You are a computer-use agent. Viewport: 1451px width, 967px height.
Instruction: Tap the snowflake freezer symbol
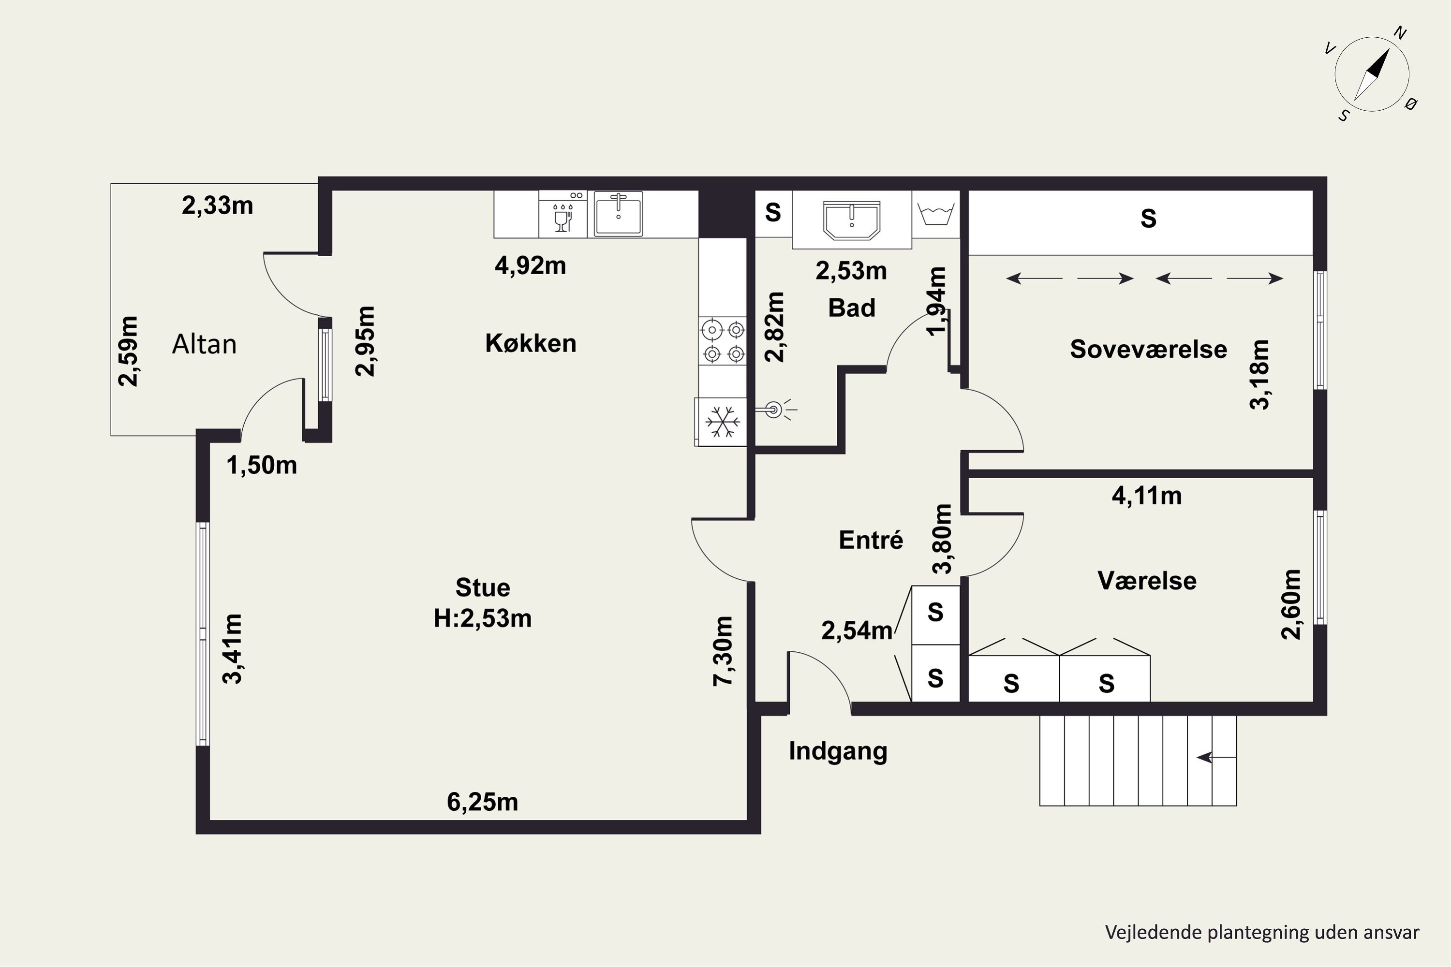pyautogui.click(x=722, y=421)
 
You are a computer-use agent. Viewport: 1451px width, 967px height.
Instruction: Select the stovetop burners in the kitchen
pyautogui.click(x=723, y=341)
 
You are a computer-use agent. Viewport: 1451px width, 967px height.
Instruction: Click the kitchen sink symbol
pyautogui.click(x=618, y=213)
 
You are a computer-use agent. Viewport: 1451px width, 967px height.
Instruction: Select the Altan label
pyautogui.click(x=204, y=344)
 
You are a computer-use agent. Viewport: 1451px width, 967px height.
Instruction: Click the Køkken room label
pyautogui.click(x=531, y=343)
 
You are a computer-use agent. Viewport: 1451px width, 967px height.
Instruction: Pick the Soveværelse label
pyautogui.click(x=1148, y=349)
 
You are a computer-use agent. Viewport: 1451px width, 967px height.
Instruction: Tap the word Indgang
pyautogui.click(x=838, y=751)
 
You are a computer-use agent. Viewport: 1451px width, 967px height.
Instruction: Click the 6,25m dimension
pyautogui.click(x=482, y=802)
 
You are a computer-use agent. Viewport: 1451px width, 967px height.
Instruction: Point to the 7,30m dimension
pyautogui.click(x=723, y=651)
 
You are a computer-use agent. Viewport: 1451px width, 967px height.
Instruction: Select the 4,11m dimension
pyautogui.click(x=1146, y=495)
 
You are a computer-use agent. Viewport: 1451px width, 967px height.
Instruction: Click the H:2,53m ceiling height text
pyautogui.click(x=482, y=618)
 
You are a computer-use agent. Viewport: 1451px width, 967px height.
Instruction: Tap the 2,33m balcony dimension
pyautogui.click(x=217, y=205)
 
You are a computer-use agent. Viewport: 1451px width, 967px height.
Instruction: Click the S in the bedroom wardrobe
pyautogui.click(x=1148, y=219)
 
